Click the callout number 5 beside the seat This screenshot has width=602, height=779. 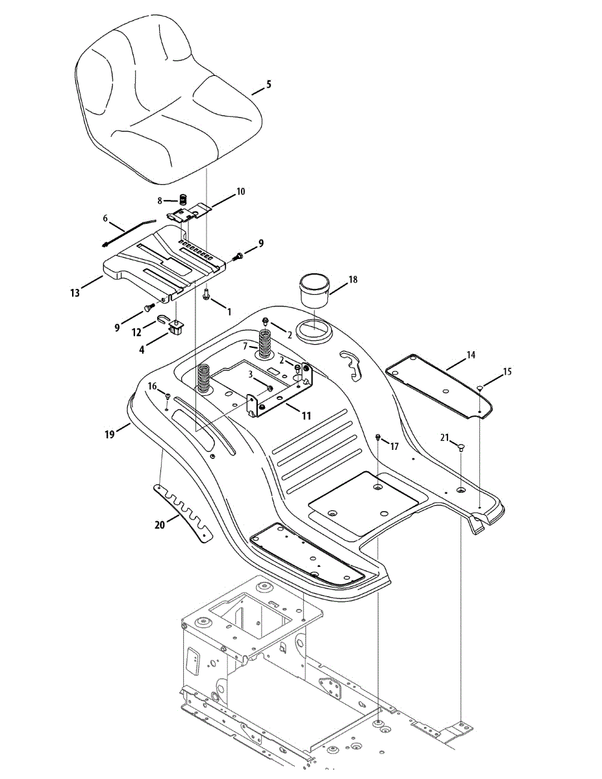(x=269, y=84)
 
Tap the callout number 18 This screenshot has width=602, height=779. (x=353, y=280)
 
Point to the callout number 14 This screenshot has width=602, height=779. (x=471, y=355)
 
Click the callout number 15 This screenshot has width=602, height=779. (x=507, y=372)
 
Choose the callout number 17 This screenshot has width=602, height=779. (x=394, y=446)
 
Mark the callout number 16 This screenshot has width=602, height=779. (x=152, y=386)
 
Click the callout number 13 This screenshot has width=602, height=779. (x=75, y=293)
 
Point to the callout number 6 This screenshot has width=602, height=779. (x=105, y=219)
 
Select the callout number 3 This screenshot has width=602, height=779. (x=250, y=374)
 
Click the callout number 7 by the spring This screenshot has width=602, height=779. (x=245, y=346)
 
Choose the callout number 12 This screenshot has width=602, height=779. (x=138, y=332)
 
